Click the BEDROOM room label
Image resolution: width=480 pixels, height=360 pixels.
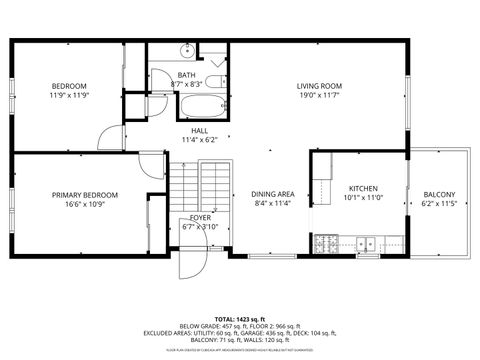[70, 86]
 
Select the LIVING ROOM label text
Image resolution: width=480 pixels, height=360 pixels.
[319, 86]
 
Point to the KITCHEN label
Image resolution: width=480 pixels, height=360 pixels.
[361, 188]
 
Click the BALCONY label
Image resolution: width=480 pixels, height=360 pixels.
[439, 194]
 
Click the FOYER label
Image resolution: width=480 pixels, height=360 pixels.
[200, 216]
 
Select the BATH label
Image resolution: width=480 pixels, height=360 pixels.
[187, 75]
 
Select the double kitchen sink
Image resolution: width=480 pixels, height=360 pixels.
[367, 242]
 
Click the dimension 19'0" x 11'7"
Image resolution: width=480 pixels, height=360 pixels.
[319, 96]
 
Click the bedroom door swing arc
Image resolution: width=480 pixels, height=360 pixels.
[113, 137]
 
